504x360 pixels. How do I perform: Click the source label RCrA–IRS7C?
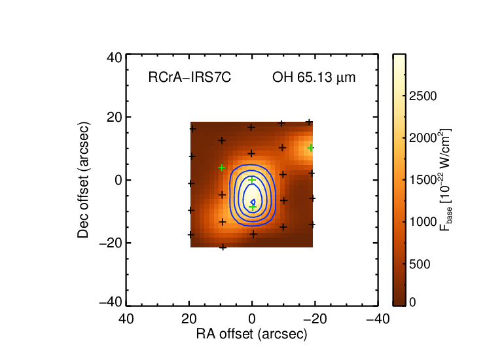[190, 77]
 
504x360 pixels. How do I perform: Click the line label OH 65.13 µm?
[314, 78]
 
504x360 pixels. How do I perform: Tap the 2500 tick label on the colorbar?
[423, 96]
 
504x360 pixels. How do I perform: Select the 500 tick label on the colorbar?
[420, 264]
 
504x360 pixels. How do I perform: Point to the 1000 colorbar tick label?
[423, 222]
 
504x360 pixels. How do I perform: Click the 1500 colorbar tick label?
[423, 180]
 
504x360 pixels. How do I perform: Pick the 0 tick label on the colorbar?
[412, 302]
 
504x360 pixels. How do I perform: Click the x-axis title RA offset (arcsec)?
[252, 334]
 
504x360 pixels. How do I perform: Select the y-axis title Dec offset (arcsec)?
[83, 180]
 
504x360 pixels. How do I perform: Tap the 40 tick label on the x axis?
[126, 319]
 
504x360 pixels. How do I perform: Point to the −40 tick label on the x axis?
[378, 319]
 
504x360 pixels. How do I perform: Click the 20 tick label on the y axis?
[115, 117]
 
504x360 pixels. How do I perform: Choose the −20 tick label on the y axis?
[111, 243]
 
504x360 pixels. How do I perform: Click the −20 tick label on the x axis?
[315, 319]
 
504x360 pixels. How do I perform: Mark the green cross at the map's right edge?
[310, 148]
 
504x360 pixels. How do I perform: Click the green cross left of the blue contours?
[221, 168]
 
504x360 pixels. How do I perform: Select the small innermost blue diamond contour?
[253, 202]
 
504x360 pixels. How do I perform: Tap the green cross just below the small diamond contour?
[253, 207]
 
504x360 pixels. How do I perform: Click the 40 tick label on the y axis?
[115, 58]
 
